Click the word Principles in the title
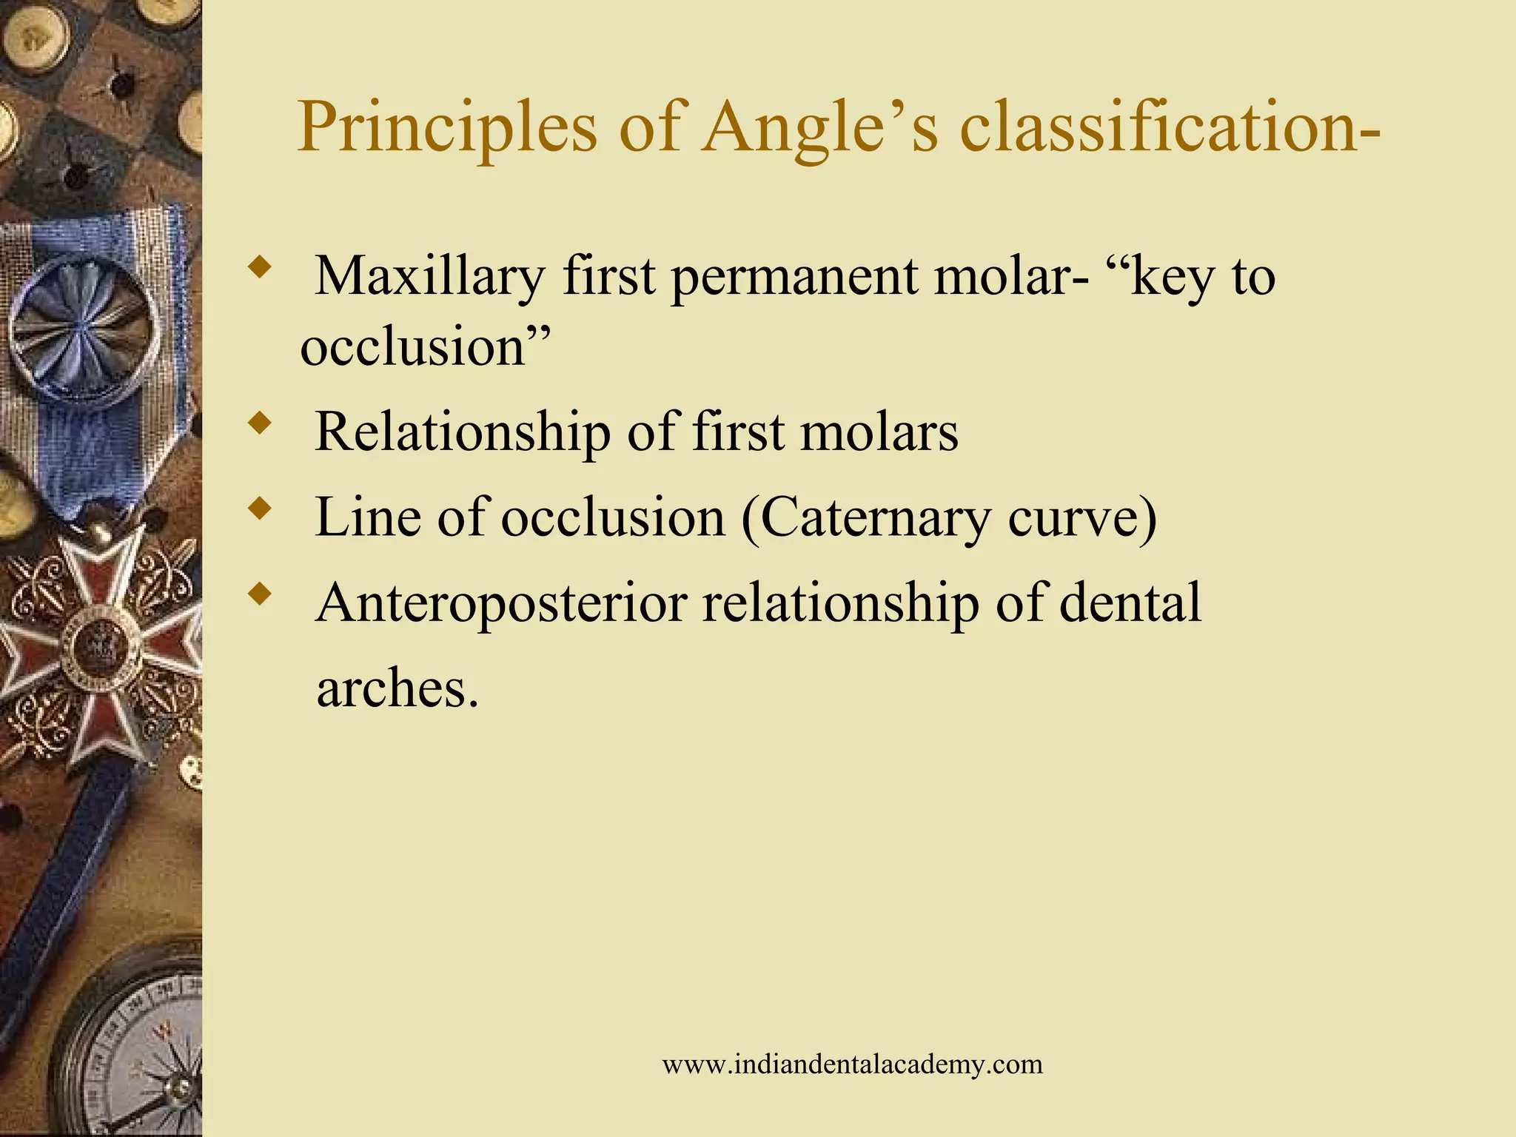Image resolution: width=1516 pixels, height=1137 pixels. point(447,127)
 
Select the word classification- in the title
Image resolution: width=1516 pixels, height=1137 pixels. point(1170,127)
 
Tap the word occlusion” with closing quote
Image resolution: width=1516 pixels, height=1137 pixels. point(425,346)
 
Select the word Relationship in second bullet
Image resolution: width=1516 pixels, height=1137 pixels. point(462,432)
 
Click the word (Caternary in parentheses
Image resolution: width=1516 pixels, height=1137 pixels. point(866,518)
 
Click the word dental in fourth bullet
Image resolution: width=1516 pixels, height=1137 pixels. point(1130,603)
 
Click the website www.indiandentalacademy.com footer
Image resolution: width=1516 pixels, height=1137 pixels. point(852,1064)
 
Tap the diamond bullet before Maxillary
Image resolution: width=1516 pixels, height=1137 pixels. point(258,268)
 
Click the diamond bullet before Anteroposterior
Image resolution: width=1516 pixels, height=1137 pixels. point(258,594)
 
